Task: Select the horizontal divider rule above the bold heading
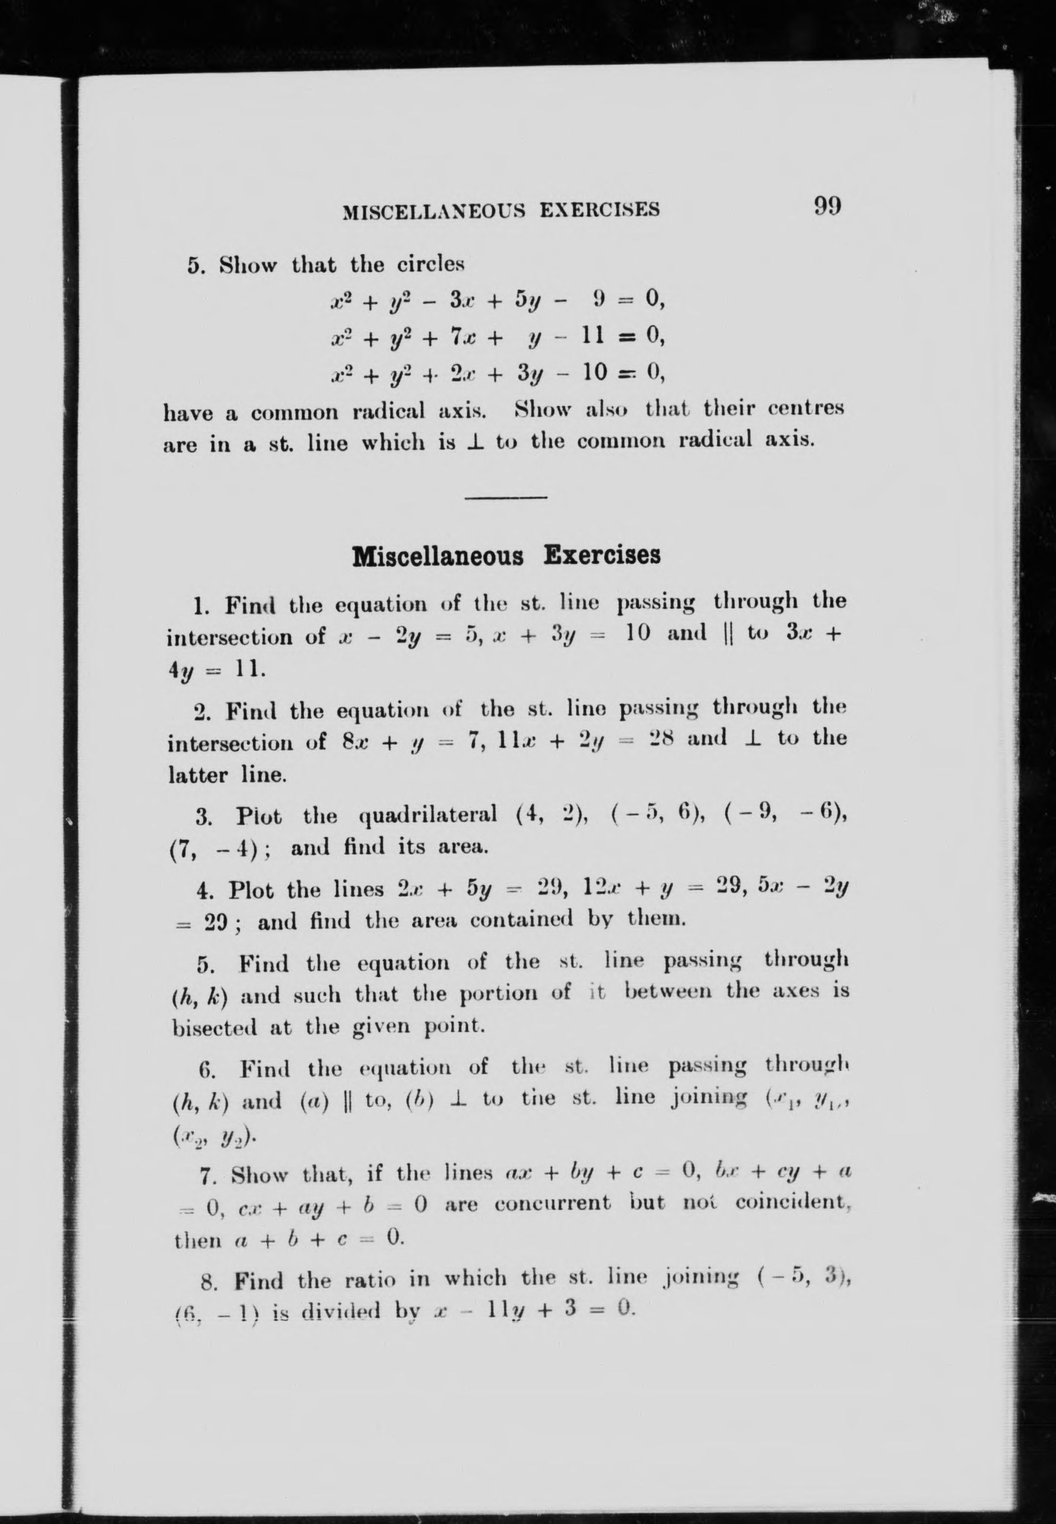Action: pos(506,497)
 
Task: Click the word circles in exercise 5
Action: pos(431,265)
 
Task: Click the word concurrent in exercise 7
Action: pos(552,1202)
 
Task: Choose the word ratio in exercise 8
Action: pos(370,1280)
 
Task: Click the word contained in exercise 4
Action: pos(523,920)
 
